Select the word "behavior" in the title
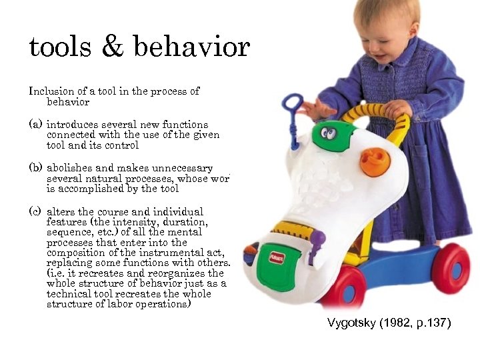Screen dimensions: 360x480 coord(191,48)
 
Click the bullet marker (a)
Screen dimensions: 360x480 coord(35,125)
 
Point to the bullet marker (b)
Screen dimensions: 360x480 coord(35,168)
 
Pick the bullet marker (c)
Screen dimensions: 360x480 coord(35,211)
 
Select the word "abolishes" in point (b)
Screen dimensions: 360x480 coord(70,168)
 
